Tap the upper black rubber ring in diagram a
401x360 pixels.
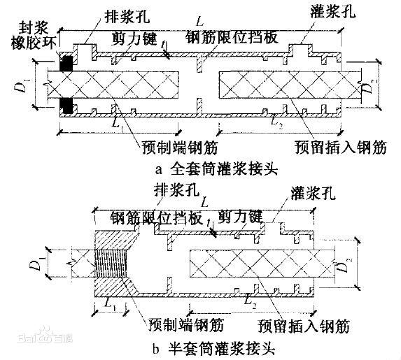pyautogui.click(x=66, y=62)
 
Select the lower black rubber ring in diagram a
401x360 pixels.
pyautogui.click(x=66, y=107)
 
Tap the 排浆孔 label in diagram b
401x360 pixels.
pyautogui.click(x=176, y=189)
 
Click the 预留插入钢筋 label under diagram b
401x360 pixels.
pyautogui.click(x=303, y=326)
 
